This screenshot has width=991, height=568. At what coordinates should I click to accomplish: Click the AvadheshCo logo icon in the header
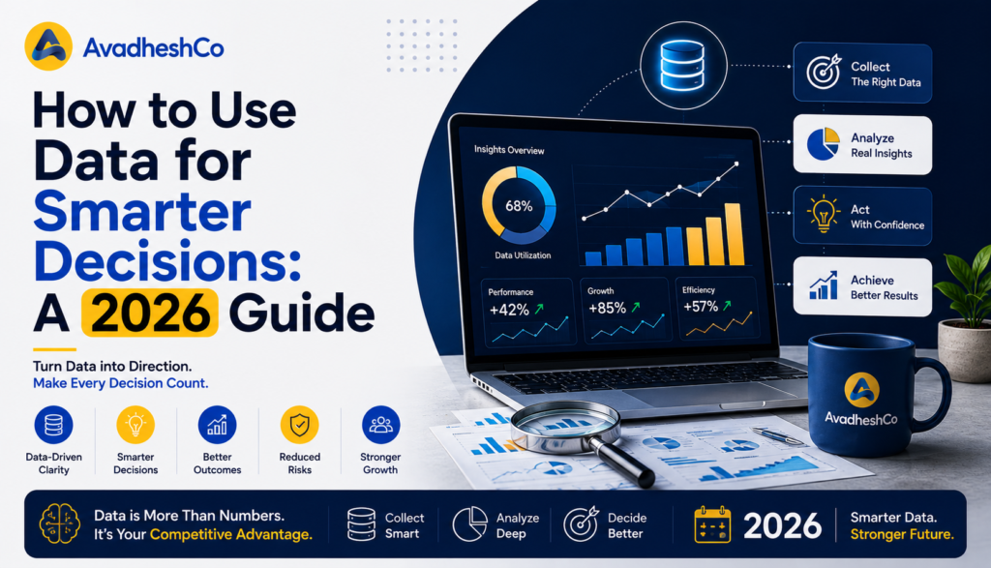(48, 46)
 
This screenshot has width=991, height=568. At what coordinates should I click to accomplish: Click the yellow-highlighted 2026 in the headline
(150, 313)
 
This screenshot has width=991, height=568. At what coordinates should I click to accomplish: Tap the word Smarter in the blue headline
(142, 212)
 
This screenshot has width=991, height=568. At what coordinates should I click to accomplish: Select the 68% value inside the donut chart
(519, 206)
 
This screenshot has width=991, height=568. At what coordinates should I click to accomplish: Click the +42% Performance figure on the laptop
(509, 311)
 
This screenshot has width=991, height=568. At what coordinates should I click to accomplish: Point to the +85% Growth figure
(608, 309)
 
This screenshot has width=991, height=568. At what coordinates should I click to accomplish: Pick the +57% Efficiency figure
(701, 307)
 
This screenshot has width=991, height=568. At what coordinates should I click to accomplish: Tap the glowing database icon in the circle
(682, 65)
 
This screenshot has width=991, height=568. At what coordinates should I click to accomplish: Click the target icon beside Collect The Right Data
(824, 72)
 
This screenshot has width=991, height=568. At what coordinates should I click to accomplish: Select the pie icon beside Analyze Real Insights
(824, 144)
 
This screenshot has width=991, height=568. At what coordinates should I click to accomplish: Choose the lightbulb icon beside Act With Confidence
(823, 214)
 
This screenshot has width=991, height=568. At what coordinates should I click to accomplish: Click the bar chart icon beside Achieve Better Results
(824, 285)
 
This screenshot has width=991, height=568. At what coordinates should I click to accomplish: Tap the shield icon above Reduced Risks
(300, 425)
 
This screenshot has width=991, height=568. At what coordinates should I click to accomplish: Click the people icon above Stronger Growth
(380, 425)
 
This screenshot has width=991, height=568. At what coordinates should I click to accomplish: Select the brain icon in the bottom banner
(59, 523)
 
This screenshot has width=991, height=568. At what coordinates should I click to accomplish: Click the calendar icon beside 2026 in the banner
(712, 524)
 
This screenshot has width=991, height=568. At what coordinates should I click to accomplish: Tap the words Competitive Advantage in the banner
(230, 534)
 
